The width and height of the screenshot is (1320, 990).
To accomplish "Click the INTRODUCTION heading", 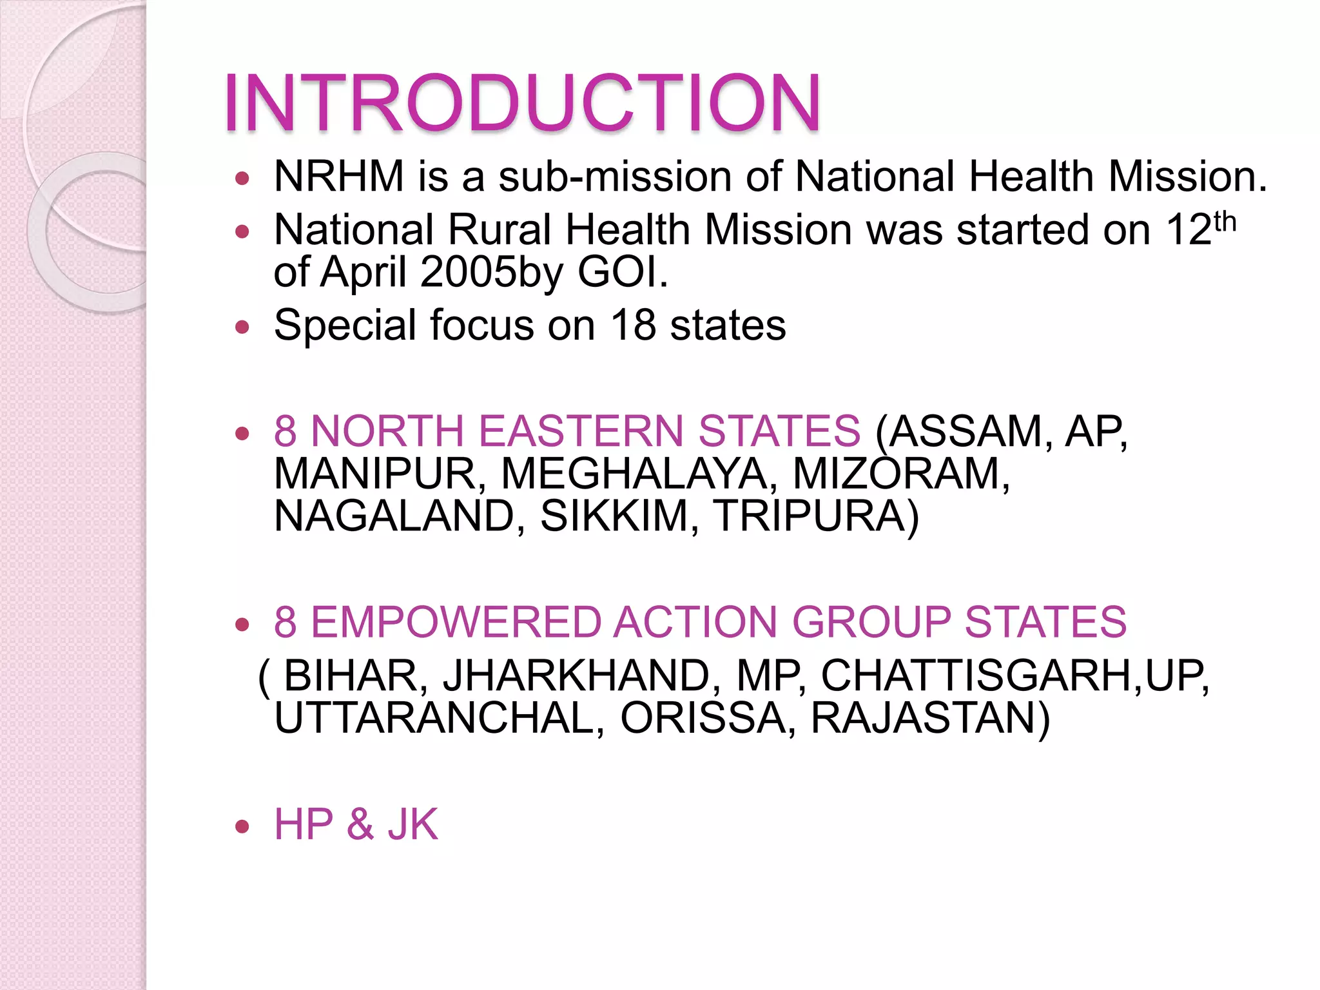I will [522, 103].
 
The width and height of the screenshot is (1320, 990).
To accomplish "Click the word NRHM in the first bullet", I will [339, 176].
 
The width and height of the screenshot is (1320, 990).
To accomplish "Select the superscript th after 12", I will [1225, 222].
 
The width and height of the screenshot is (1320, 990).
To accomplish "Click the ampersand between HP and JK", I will [360, 824].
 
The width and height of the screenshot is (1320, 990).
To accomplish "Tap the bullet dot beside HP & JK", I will [242, 826].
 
